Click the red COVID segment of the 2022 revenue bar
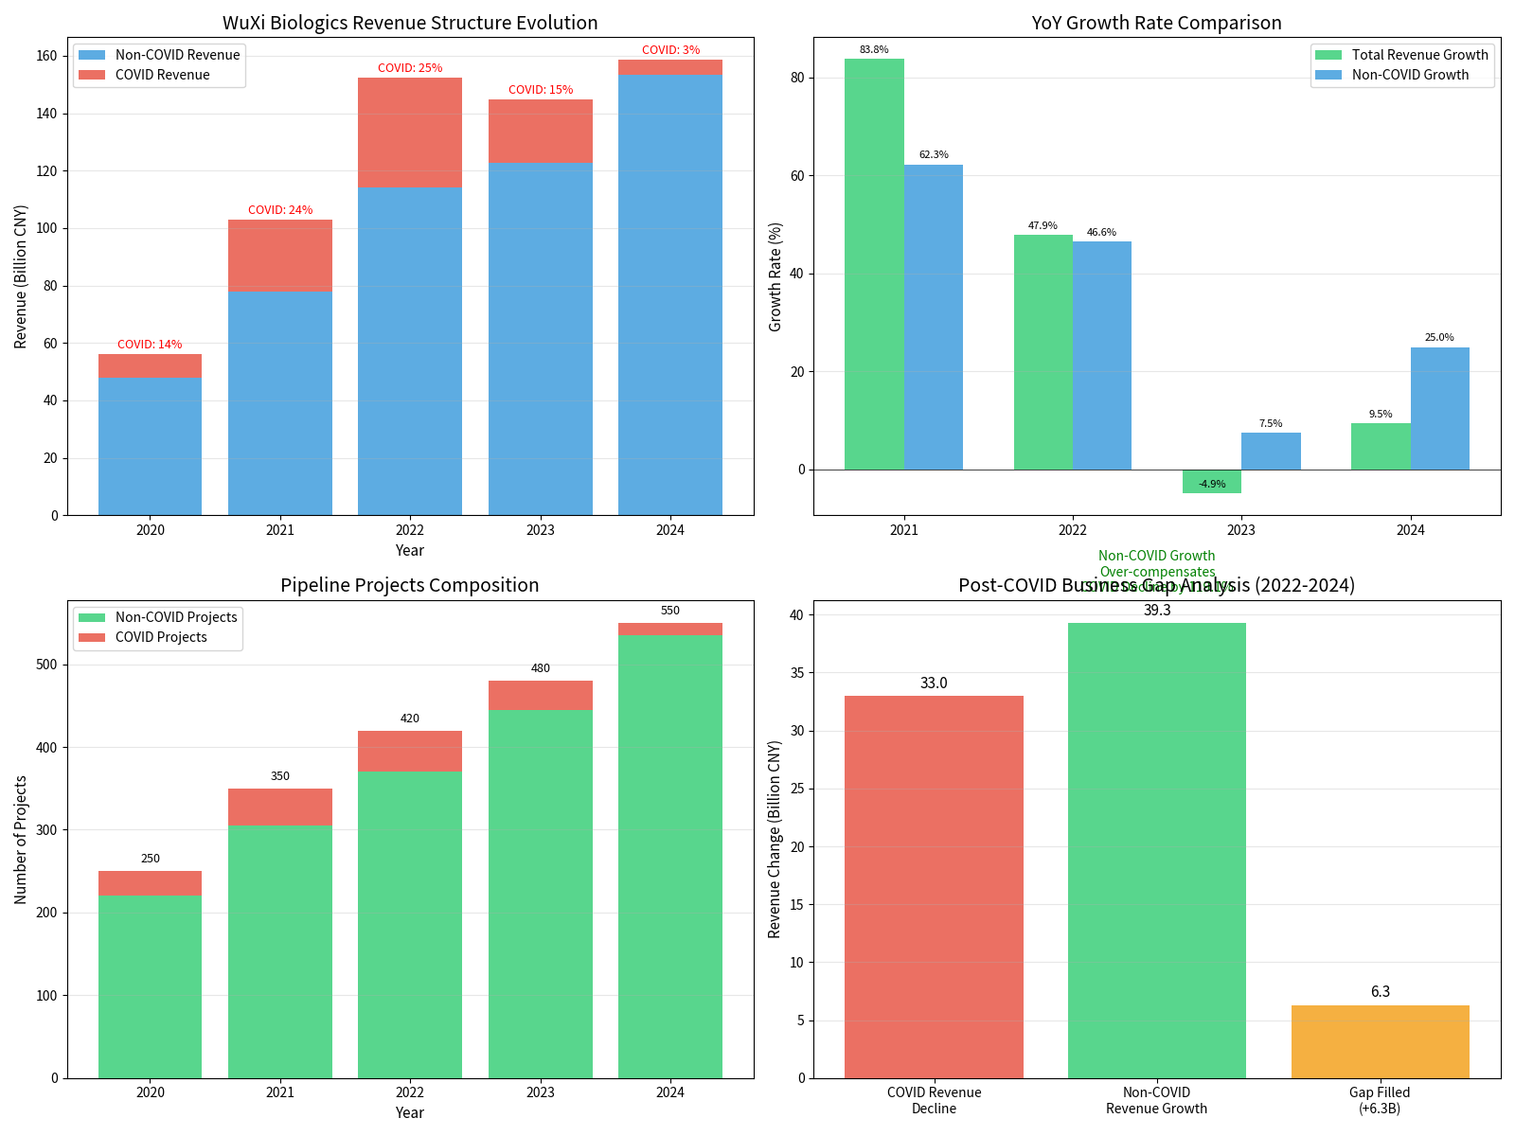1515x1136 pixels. pyautogui.click(x=410, y=133)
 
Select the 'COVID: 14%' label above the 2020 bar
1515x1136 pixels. pyautogui.click(x=150, y=345)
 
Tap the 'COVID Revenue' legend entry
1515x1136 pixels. pyautogui.click(x=162, y=75)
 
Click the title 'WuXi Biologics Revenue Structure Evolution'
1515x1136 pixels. pyautogui.click(x=410, y=23)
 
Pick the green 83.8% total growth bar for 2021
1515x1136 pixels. pyautogui.click(x=874, y=264)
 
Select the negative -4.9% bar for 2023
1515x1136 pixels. pyautogui.click(x=1212, y=482)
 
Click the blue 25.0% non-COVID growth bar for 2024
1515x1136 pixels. pyautogui.click(x=1439, y=408)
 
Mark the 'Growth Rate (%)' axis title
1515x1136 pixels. pyautogui.click(x=775, y=276)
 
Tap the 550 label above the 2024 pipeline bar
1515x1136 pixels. pyautogui.click(x=670, y=611)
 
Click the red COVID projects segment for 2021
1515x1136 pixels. pyautogui.click(x=280, y=807)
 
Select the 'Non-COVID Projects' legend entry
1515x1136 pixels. pyautogui.click(x=176, y=617)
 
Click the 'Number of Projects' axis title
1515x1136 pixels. pyautogui.click(x=21, y=840)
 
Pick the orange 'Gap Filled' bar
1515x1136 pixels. pyautogui.click(x=1380, y=1041)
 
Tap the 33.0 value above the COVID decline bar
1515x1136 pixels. pyautogui.click(x=934, y=683)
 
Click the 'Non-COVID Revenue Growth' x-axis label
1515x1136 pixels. pyautogui.click(x=1156, y=1100)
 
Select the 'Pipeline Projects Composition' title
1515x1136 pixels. pyautogui.click(x=410, y=585)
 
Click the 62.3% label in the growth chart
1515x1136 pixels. pyautogui.click(x=934, y=154)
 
